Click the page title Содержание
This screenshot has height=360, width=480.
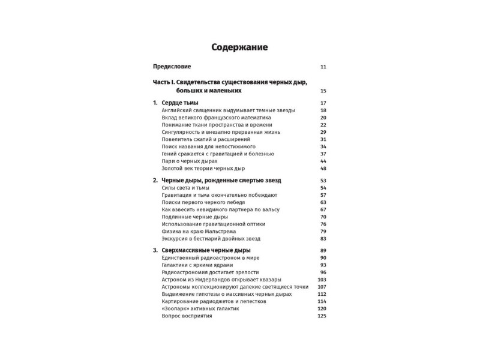coord(239,47)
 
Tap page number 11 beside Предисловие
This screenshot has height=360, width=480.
coord(323,67)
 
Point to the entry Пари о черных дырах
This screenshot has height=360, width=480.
coord(190,161)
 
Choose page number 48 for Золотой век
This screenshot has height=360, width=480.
coord(323,169)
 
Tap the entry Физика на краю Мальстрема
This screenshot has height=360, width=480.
coord(199,231)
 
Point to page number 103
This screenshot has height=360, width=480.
coord(322,280)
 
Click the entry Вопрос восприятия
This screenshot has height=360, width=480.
coord(187,316)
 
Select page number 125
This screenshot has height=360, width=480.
coord(322,316)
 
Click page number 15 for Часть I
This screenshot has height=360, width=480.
coord(323,91)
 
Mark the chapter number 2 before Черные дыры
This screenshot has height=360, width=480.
coord(155,181)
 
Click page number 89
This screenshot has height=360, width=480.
coord(323,250)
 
